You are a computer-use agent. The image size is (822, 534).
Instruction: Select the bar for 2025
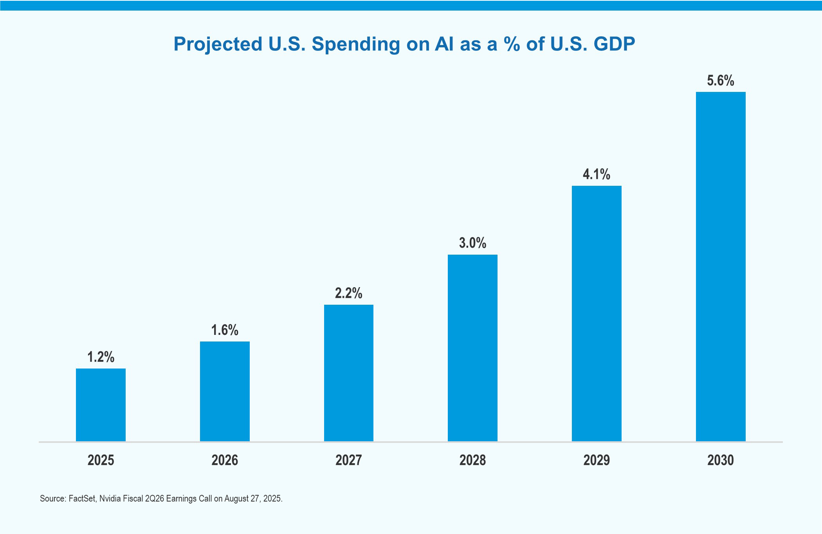click(101, 405)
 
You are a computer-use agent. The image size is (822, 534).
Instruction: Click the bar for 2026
click(225, 391)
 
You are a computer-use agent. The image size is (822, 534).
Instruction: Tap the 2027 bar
click(348, 373)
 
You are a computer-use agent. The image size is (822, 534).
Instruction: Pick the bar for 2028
click(472, 348)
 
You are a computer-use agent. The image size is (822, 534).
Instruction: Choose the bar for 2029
click(597, 313)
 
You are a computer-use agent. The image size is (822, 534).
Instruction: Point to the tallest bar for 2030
click(721, 266)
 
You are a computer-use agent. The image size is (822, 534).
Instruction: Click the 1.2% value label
click(101, 357)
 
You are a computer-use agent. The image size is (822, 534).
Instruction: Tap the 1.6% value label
click(225, 330)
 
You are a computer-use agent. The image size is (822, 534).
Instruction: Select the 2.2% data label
click(348, 293)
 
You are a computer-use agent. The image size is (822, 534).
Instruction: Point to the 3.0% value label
click(472, 243)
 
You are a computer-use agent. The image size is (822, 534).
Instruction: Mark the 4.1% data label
click(597, 174)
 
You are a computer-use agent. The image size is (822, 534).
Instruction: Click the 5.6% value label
click(721, 81)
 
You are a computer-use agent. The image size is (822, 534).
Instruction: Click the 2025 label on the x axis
click(101, 460)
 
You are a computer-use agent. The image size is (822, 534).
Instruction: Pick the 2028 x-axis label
click(472, 460)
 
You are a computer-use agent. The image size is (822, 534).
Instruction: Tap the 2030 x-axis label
click(721, 460)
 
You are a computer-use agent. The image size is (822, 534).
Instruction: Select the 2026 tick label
click(225, 460)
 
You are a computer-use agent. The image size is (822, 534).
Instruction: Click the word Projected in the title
click(218, 44)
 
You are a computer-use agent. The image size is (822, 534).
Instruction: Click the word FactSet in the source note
click(82, 499)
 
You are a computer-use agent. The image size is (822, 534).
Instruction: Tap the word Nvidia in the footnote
click(110, 499)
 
